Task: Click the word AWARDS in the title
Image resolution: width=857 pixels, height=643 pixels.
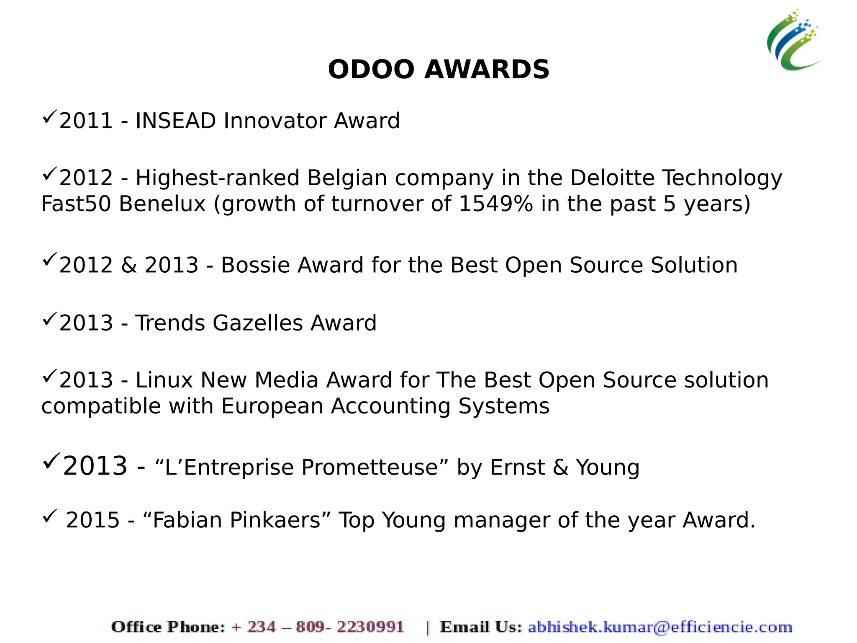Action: pos(487,70)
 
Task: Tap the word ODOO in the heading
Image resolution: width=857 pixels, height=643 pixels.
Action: pos(371,70)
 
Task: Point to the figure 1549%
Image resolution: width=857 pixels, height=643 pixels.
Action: pos(496,204)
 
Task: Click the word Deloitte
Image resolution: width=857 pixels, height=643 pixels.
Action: pos(612,178)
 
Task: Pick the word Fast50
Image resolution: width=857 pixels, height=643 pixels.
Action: pos(76,204)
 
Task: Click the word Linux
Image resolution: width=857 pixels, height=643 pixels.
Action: pos(164,380)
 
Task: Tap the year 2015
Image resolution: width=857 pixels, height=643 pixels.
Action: pos(93,520)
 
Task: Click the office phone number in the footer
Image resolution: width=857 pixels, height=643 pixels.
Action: pos(318,627)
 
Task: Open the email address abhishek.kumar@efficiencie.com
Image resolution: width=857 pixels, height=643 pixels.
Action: pos(660,627)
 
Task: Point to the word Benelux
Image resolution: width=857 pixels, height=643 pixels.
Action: pos(162,204)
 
